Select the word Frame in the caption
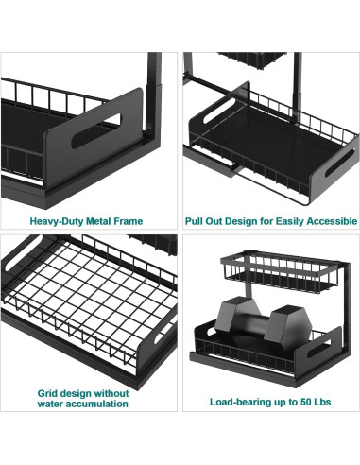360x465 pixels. coord(129,221)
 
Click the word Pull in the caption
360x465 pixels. coord(193,221)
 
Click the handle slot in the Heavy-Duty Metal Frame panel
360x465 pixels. coord(96,130)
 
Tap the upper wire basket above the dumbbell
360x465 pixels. coord(281,271)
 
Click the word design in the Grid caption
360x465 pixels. coord(76,394)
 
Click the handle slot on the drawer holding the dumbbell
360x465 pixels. coord(319,348)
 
